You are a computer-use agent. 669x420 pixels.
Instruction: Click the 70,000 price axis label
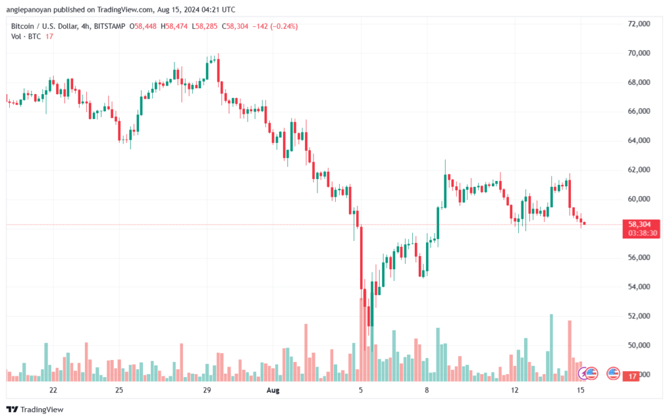tap(639, 54)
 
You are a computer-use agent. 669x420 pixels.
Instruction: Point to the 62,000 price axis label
tap(639, 170)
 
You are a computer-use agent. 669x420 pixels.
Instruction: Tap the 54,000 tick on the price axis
tap(639, 287)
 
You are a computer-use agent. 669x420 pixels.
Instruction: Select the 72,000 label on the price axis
tap(639, 24)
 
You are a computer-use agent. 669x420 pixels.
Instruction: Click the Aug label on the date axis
tap(272, 390)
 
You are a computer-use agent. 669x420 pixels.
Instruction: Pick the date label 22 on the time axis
tap(53, 390)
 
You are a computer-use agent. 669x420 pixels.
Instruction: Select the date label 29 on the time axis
tap(207, 390)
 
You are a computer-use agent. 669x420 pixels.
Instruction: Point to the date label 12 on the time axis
tap(515, 390)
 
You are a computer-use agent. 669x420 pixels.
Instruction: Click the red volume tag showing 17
tap(632, 376)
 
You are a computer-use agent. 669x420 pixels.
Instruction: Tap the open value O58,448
tap(143, 26)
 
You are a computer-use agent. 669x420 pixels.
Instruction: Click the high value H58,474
tap(174, 26)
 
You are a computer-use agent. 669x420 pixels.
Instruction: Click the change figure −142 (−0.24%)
tap(275, 26)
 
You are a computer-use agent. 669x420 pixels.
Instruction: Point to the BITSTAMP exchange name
tap(109, 26)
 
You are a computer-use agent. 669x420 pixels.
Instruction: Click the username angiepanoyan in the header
tap(29, 9)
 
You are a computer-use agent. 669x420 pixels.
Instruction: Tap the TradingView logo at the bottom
tap(35, 410)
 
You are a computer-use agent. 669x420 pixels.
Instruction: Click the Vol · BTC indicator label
tap(26, 37)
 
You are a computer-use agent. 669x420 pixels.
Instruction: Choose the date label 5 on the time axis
tap(361, 390)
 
